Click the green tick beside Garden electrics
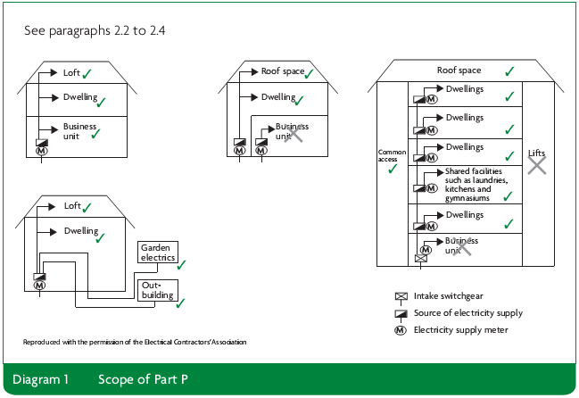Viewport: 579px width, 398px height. click(x=182, y=264)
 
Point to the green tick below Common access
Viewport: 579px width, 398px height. click(x=392, y=168)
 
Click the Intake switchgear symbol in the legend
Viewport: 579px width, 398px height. click(x=400, y=296)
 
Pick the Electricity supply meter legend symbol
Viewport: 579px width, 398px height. click(x=400, y=330)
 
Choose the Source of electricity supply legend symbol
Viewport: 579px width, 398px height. click(x=400, y=313)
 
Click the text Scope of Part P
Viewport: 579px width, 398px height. click(x=143, y=379)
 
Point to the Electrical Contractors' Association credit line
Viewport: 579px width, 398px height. click(x=135, y=342)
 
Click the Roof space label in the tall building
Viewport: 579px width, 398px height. click(x=459, y=70)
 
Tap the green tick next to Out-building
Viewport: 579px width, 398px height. click(x=181, y=303)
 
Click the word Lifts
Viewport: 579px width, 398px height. click(x=536, y=153)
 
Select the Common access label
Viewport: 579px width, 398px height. click(x=392, y=153)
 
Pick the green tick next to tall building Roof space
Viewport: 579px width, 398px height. click(x=509, y=70)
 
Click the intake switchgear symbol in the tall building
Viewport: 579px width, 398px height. click(x=419, y=259)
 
